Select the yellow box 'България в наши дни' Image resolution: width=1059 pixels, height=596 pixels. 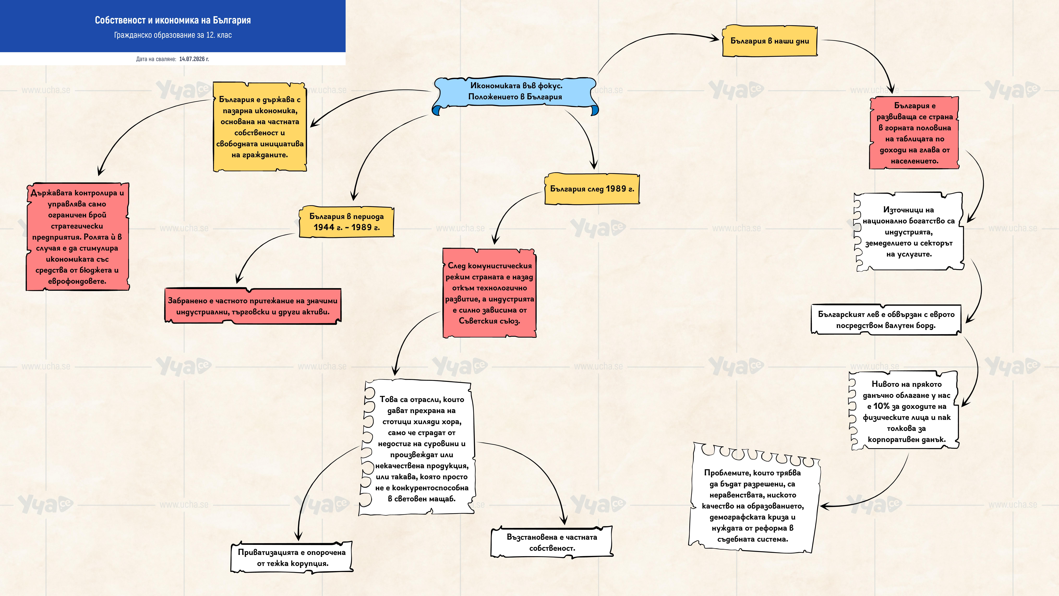(770, 41)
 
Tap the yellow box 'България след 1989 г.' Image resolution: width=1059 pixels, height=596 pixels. (592, 189)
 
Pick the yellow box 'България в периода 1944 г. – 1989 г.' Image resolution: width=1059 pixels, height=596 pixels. (347, 222)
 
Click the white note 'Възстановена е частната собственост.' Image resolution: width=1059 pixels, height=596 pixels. (552, 542)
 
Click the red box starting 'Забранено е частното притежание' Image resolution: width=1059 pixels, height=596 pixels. (253, 306)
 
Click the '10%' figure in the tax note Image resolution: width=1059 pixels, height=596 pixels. (881, 406)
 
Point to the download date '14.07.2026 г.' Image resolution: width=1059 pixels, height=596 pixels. (194, 59)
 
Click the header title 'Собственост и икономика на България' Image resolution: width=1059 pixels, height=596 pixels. (173, 20)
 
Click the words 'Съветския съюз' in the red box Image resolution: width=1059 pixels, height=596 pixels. (489, 321)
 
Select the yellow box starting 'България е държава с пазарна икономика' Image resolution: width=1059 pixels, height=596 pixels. (260, 127)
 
